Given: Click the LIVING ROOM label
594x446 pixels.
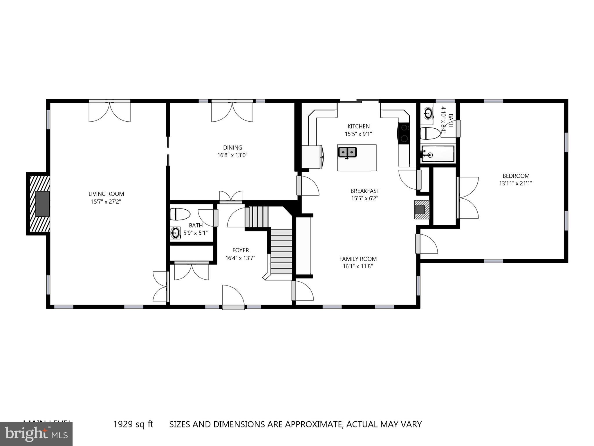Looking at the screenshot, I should (106, 194).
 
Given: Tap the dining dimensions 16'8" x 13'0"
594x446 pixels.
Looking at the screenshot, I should (232, 155).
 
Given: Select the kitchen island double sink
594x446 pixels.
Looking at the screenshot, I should (347, 152).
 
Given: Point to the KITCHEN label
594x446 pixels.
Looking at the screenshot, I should (358, 126).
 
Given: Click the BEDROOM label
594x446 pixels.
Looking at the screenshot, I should (516, 176).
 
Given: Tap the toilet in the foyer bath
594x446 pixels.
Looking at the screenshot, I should (180, 214).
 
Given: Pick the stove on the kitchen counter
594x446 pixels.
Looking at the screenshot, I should (404, 133).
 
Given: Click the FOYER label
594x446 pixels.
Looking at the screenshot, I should (241, 250).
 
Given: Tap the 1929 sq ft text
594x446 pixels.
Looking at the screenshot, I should (133, 424).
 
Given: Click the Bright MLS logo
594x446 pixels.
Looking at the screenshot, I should (36, 434).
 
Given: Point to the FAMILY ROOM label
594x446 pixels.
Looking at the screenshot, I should (358, 259).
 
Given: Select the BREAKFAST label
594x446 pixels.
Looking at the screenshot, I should (365, 191).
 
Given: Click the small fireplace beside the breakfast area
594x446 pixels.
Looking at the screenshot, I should (421, 209).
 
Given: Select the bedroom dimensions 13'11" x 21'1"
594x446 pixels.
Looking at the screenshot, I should (516, 184).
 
